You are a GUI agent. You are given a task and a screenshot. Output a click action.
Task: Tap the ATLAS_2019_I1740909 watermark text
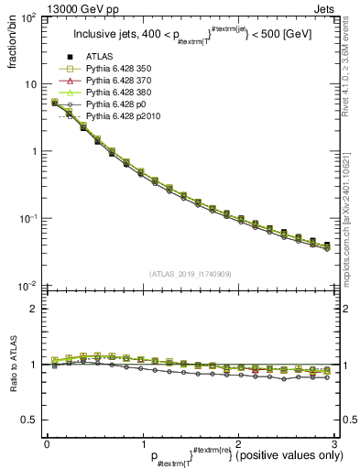pos(190,274)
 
